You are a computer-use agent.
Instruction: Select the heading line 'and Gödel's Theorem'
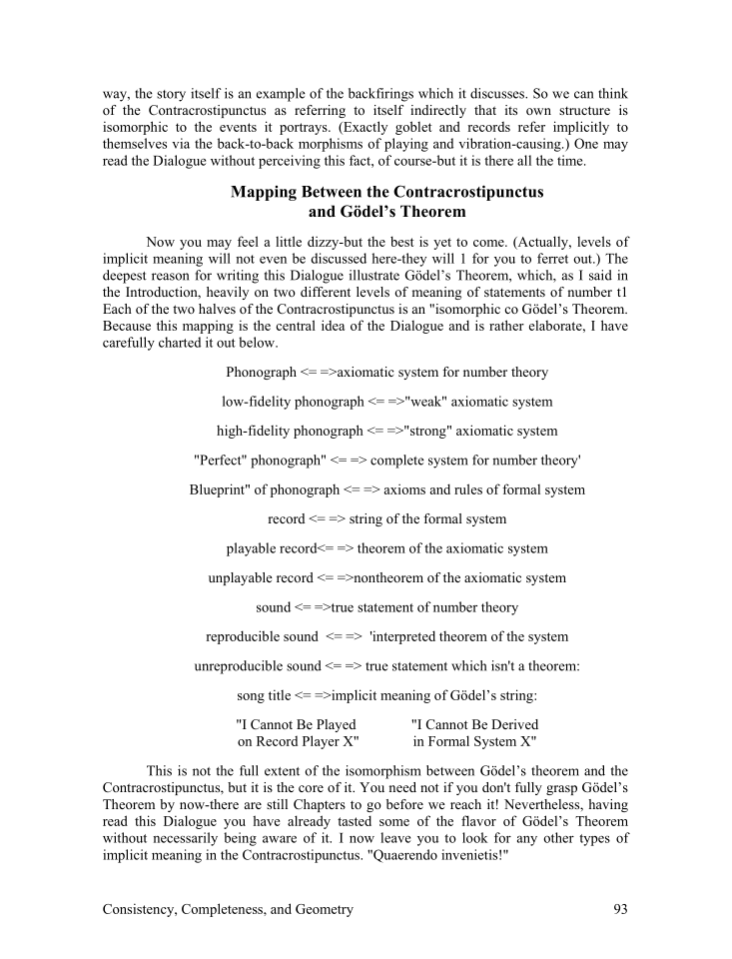pos(386,211)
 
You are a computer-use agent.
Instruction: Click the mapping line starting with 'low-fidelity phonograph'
pos(386,402)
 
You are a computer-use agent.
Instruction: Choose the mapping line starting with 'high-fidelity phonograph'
pos(386,431)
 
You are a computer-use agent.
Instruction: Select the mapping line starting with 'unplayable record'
pos(386,577)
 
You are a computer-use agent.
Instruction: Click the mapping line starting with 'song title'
pos(386,695)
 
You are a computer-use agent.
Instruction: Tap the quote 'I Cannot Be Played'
pos(296,724)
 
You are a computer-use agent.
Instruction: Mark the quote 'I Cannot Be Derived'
pos(474,724)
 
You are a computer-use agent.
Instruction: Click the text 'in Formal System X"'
pos(474,741)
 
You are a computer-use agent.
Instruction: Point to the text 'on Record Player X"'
pos(298,741)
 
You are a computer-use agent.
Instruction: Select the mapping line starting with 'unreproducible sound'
pos(386,665)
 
